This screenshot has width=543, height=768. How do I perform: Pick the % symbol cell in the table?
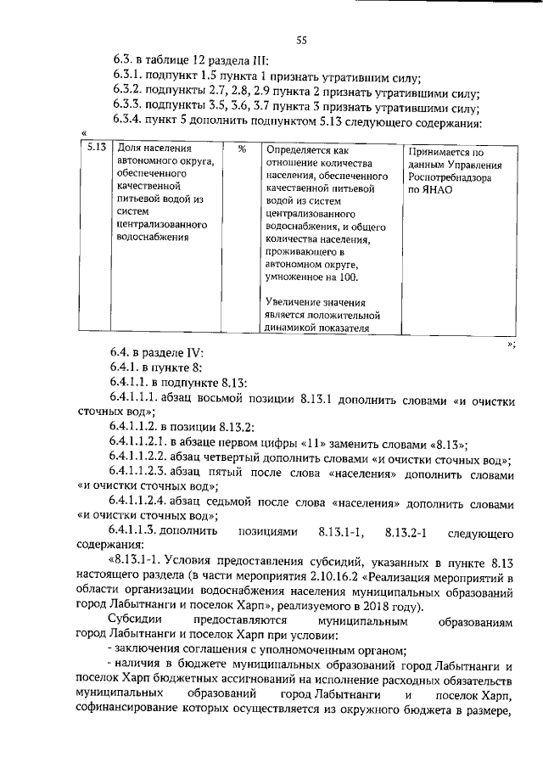pos(242,148)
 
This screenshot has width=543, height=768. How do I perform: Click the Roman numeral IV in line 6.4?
pos(190,353)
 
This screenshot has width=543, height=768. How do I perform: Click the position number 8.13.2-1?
pos(411,532)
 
